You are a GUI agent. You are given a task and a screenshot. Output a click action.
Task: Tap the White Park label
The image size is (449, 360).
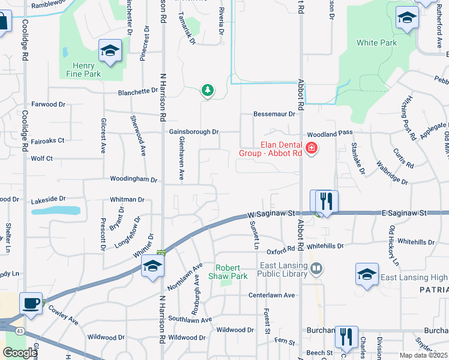376,43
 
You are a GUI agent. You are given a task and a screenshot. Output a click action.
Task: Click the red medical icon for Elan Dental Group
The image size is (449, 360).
311,148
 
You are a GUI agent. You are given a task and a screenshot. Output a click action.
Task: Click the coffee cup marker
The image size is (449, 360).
31,303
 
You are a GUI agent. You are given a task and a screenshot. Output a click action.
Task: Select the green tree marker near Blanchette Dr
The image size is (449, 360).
208,90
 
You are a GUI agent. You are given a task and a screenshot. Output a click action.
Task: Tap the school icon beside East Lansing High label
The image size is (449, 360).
367,274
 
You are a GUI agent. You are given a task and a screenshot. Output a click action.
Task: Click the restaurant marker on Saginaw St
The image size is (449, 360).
326,200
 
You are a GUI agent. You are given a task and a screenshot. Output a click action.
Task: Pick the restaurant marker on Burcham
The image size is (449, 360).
346,337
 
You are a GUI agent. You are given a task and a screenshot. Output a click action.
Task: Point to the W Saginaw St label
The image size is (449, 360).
272,213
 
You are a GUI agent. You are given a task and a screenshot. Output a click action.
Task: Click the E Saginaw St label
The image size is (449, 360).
403,213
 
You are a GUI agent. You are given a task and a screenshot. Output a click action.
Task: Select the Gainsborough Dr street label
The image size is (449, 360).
194,131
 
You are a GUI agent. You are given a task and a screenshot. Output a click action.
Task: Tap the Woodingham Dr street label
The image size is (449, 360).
133,179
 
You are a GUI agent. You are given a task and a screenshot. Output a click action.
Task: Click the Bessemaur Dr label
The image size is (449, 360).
274,114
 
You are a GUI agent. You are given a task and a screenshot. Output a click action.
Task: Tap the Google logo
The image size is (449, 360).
20,353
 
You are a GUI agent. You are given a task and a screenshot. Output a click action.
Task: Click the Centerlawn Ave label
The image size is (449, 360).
272,295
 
